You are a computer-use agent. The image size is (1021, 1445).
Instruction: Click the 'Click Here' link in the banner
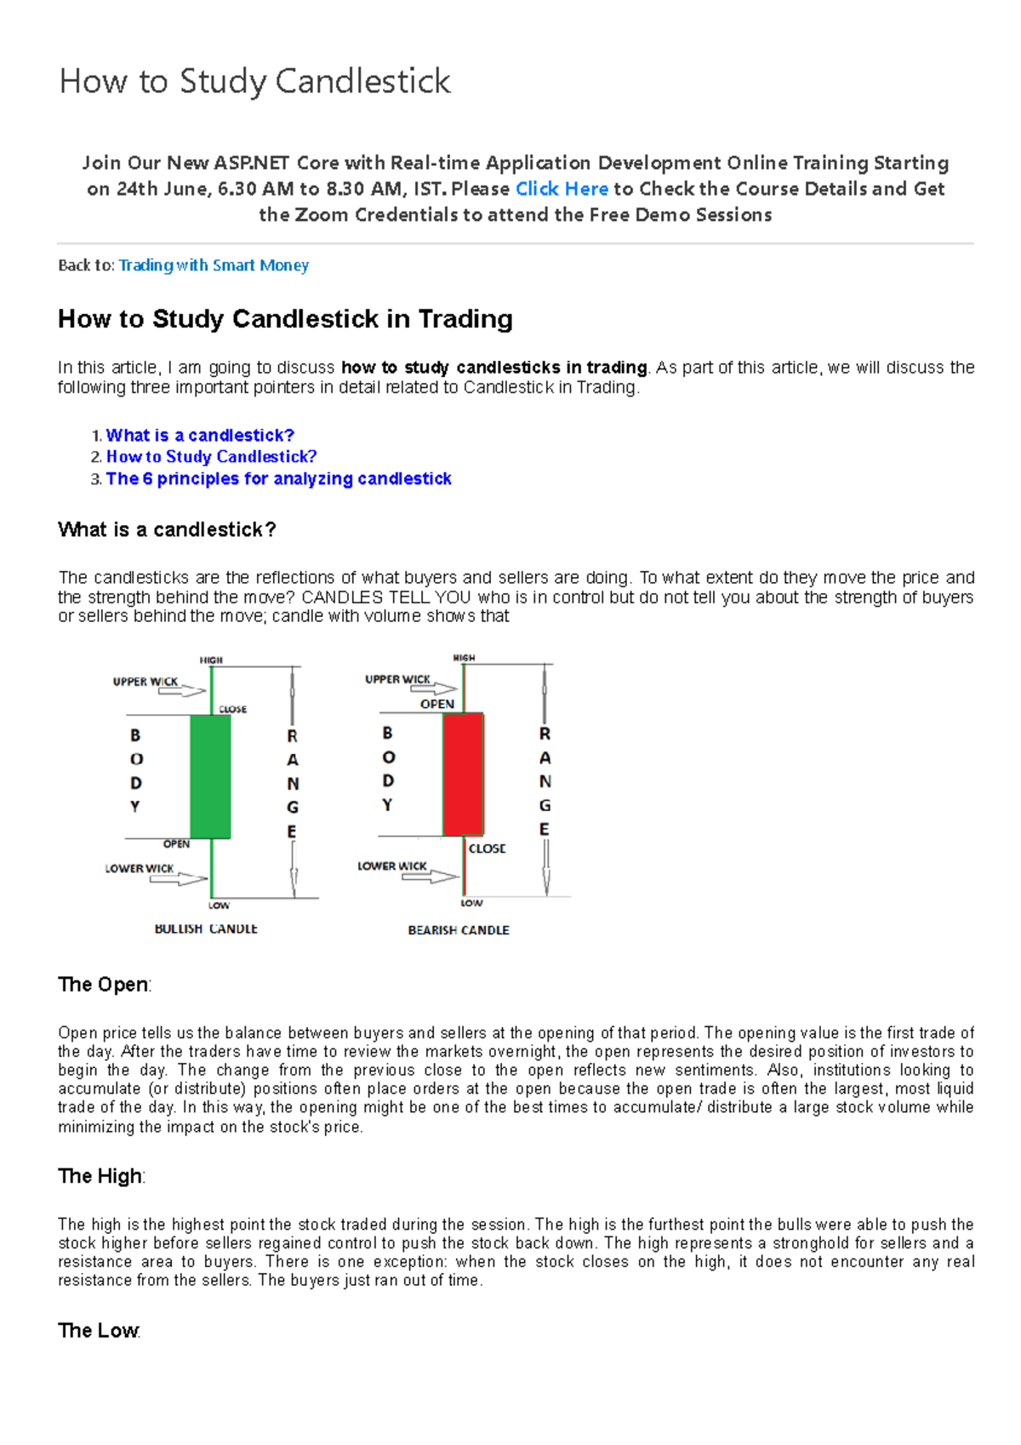(562, 189)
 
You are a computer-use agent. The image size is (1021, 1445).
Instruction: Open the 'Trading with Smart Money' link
(214, 266)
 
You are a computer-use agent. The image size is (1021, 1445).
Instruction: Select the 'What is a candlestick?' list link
(200, 436)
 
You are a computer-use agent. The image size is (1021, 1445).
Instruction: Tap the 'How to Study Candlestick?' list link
(211, 457)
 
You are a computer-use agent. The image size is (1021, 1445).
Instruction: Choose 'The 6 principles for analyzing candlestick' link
(278, 479)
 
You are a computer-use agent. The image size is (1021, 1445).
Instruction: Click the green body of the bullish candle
(210, 776)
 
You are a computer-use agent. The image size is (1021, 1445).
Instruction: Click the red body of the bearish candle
(464, 774)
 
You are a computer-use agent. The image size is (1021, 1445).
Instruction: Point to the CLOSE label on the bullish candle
(232, 709)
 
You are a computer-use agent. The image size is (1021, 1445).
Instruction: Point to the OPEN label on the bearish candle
(437, 704)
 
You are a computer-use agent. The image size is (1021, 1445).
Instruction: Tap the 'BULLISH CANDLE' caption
(206, 928)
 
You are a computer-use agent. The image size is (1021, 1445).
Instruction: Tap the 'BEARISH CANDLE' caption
(459, 930)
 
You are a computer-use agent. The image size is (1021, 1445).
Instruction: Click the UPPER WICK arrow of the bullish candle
(182, 691)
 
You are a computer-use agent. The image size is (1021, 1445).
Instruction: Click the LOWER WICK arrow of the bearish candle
(430, 876)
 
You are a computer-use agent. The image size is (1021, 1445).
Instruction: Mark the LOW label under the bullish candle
(219, 905)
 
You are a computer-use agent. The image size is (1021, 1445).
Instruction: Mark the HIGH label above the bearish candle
(464, 658)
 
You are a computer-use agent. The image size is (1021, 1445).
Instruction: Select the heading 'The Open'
(104, 985)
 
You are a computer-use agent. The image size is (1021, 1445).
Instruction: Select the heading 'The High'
(100, 1176)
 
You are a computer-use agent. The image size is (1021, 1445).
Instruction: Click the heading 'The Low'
(99, 1330)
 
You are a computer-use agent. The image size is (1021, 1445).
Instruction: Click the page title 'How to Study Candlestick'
(254, 82)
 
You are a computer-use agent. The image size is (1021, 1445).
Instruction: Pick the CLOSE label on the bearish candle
(487, 848)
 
